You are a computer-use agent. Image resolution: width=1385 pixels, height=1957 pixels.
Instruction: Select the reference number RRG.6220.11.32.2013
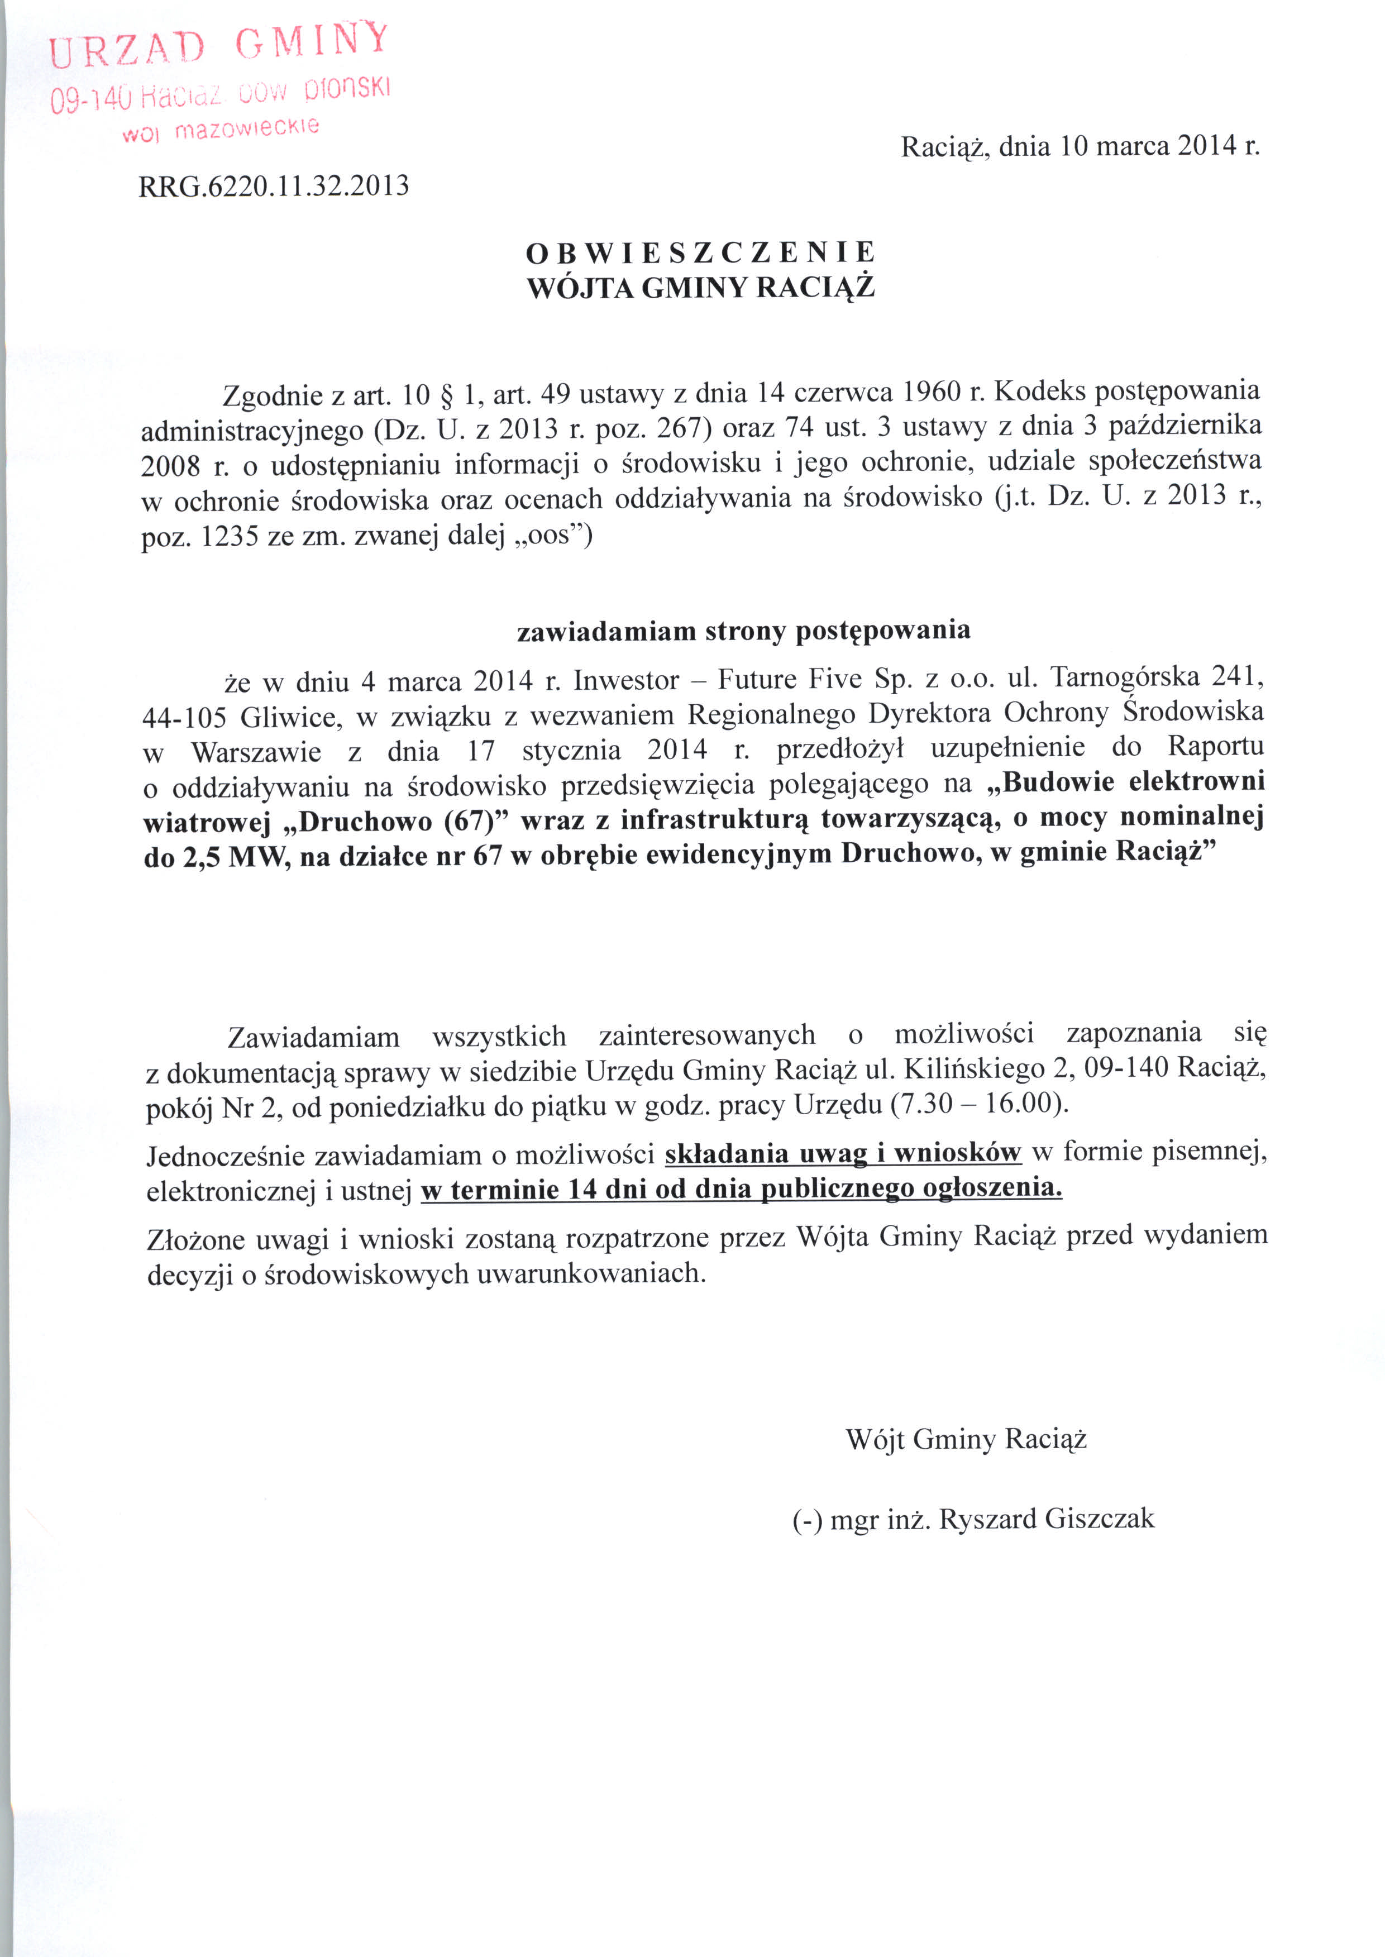click(x=274, y=186)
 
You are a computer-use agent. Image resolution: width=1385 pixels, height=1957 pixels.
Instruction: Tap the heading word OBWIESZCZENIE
click(x=700, y=252)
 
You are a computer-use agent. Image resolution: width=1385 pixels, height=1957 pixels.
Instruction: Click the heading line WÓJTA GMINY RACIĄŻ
click(x=700, y=288)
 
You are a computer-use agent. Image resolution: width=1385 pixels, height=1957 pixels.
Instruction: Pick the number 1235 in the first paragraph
click(x=230, y=538)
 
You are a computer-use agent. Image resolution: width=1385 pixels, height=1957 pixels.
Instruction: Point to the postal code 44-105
click(x=183, y=717)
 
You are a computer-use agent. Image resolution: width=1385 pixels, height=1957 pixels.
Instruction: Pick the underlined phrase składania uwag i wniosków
click(x=843, y=1153)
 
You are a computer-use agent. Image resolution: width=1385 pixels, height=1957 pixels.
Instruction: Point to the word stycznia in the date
click(x=571, y=751)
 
